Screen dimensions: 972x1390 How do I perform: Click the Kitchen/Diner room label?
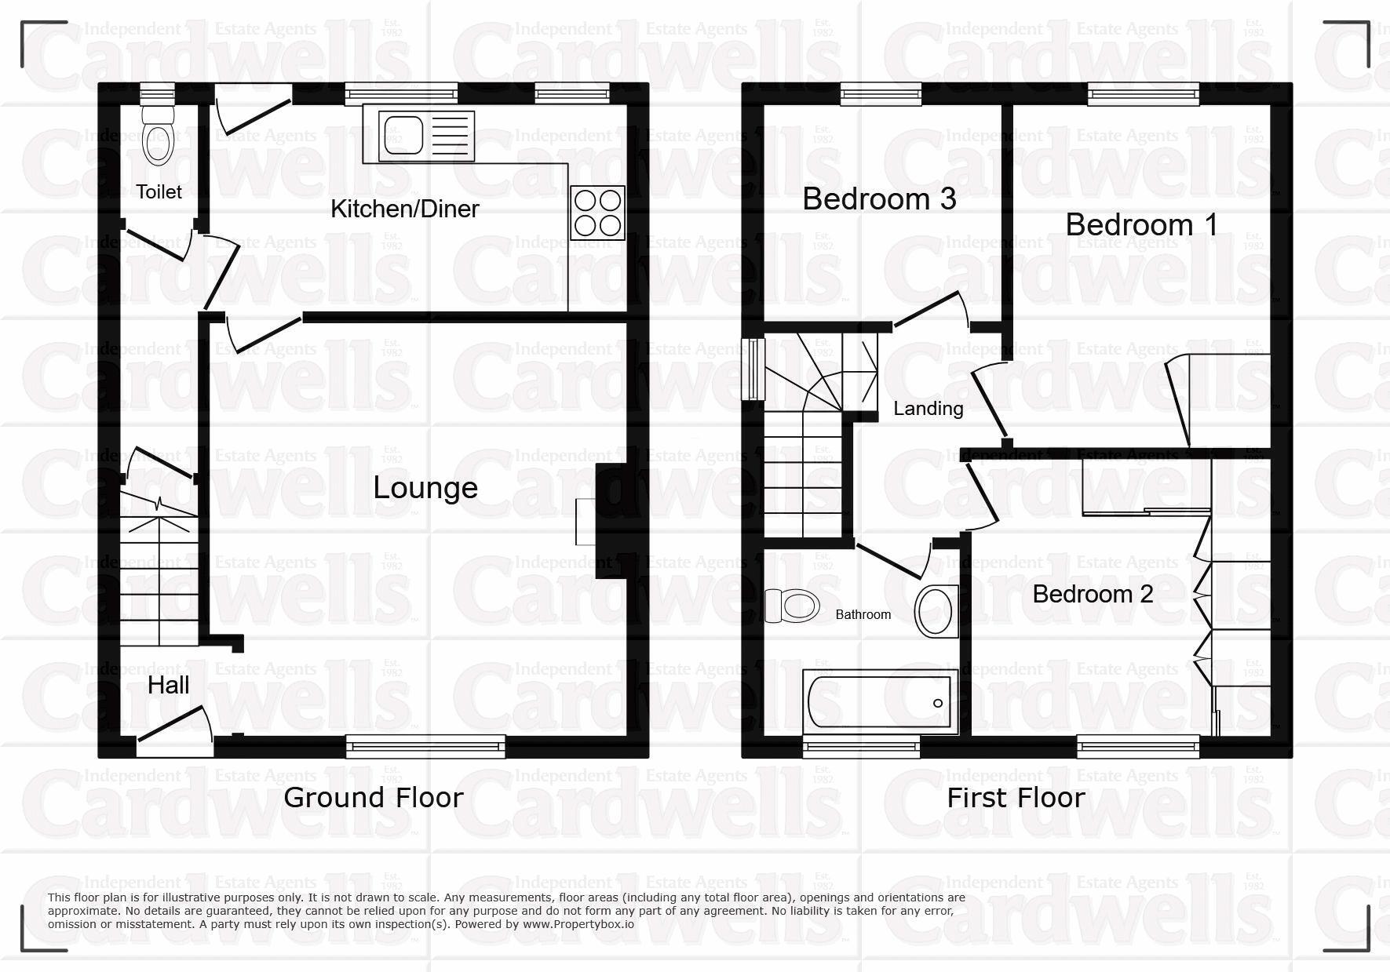tap(404, 209)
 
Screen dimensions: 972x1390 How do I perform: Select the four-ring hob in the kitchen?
tap(598, 213)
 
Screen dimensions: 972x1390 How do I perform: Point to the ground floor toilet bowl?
tap(159, 141)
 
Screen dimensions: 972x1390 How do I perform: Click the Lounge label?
tap(425, 488)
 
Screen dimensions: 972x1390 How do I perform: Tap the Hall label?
tap(169, 686)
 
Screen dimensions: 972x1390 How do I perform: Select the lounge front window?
tap(425, 746)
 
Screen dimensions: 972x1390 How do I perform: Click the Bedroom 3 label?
tap(879, 199)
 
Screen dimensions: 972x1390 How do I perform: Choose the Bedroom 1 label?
tap(1141, 225)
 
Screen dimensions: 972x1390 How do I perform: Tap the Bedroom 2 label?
tap(1093, 594)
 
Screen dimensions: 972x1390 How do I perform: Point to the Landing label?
tap(928, 409)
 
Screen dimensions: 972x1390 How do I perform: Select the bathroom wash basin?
tap(936, 610)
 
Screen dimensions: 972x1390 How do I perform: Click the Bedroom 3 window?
tap(881, 94)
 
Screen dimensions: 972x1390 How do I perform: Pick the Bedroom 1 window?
tap(1144, 94)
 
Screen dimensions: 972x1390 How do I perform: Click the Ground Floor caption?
tap(374, 798)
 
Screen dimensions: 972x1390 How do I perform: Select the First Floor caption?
tap(1016, 798)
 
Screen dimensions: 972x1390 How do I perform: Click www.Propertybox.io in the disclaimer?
tap(578, 924)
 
